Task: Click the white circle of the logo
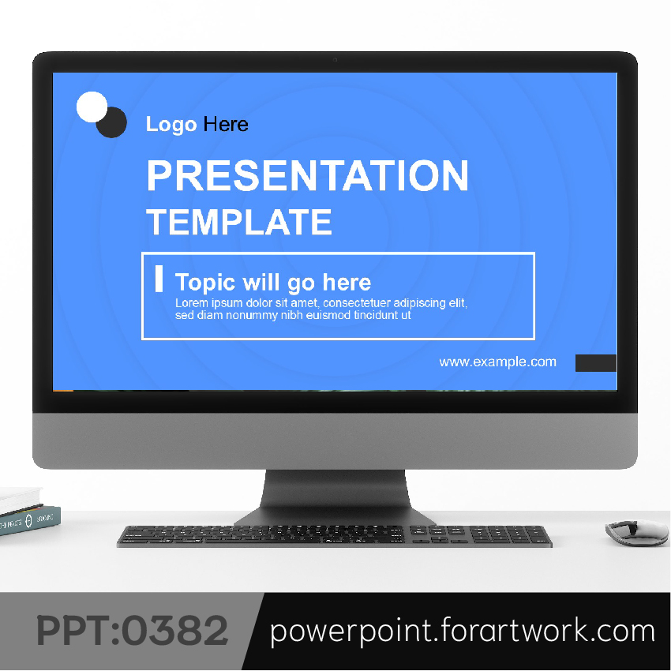(x=92, y=107)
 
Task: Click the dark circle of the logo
(x=113, y=123)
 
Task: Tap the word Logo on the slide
(x=171, y=125)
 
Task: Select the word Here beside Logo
(x=226, y=124)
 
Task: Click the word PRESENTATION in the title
(x=308, y=175)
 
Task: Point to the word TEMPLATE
(x=239, y=222)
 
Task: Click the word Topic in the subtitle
(x=205, y=283)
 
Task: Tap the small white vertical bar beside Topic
(x=159, y=279)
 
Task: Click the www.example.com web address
(x=497, y=362)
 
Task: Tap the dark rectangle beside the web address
(x=596, y=363)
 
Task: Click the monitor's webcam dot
(x=335, y=60)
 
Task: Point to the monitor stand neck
(x=335, y=489)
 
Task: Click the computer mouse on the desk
(x=637, y=532)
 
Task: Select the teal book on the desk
(x=29, y=520)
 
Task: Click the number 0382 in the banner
(x=175, y=631)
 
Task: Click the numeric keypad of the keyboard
(x=508, y=535)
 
